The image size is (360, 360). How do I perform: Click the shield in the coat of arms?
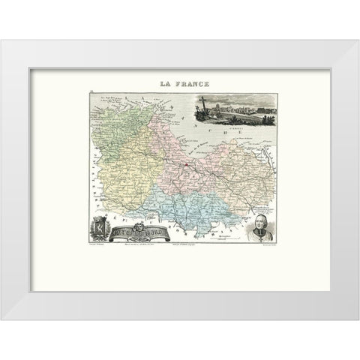[x=98, y=228]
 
